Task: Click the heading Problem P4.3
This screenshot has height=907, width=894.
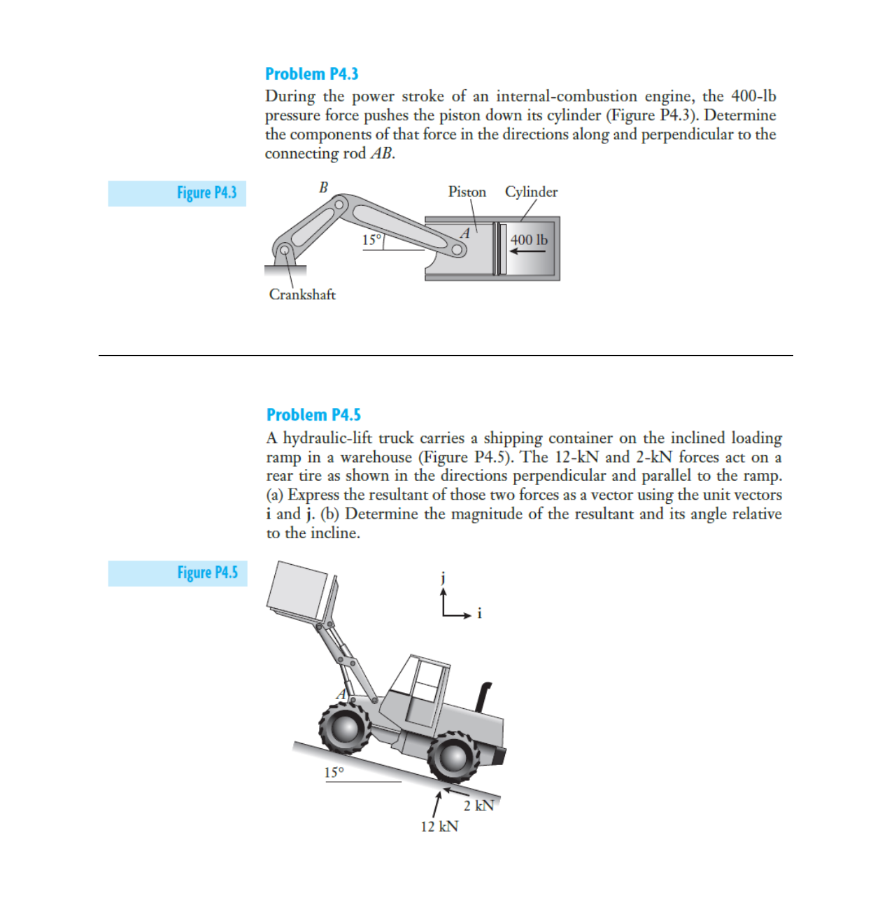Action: [311, 74]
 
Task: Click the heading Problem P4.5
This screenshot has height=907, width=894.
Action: [313, 415]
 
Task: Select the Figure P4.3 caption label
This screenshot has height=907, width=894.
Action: [206, 193]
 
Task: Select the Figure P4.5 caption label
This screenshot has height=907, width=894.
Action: [207, 573]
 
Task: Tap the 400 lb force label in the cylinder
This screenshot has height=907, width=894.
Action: [529, 240]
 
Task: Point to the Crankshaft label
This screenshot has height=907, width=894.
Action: [302, 295]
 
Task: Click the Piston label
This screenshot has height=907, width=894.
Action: [467, 192]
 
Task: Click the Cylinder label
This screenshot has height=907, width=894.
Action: [531, 192]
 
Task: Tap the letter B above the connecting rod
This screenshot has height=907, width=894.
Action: [323, 188]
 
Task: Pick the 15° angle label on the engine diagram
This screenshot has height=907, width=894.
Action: [371, 240]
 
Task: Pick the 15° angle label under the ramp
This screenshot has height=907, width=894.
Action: [334, 773]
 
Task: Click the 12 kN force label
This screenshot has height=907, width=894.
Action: [439, 827]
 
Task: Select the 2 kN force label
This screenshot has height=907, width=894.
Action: [478, 806]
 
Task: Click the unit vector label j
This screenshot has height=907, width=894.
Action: [443, 578]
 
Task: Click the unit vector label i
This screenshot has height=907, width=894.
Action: [479, 614]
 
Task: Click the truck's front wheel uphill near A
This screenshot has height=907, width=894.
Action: [345, 728]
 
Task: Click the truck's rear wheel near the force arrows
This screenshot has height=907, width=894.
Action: [453, 757]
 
